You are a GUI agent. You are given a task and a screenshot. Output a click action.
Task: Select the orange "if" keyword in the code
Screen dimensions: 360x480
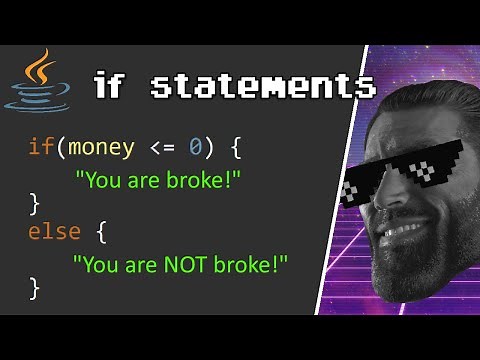[x=41, y=148]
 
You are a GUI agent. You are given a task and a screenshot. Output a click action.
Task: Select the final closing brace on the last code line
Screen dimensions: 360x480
[x=34, y=290]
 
